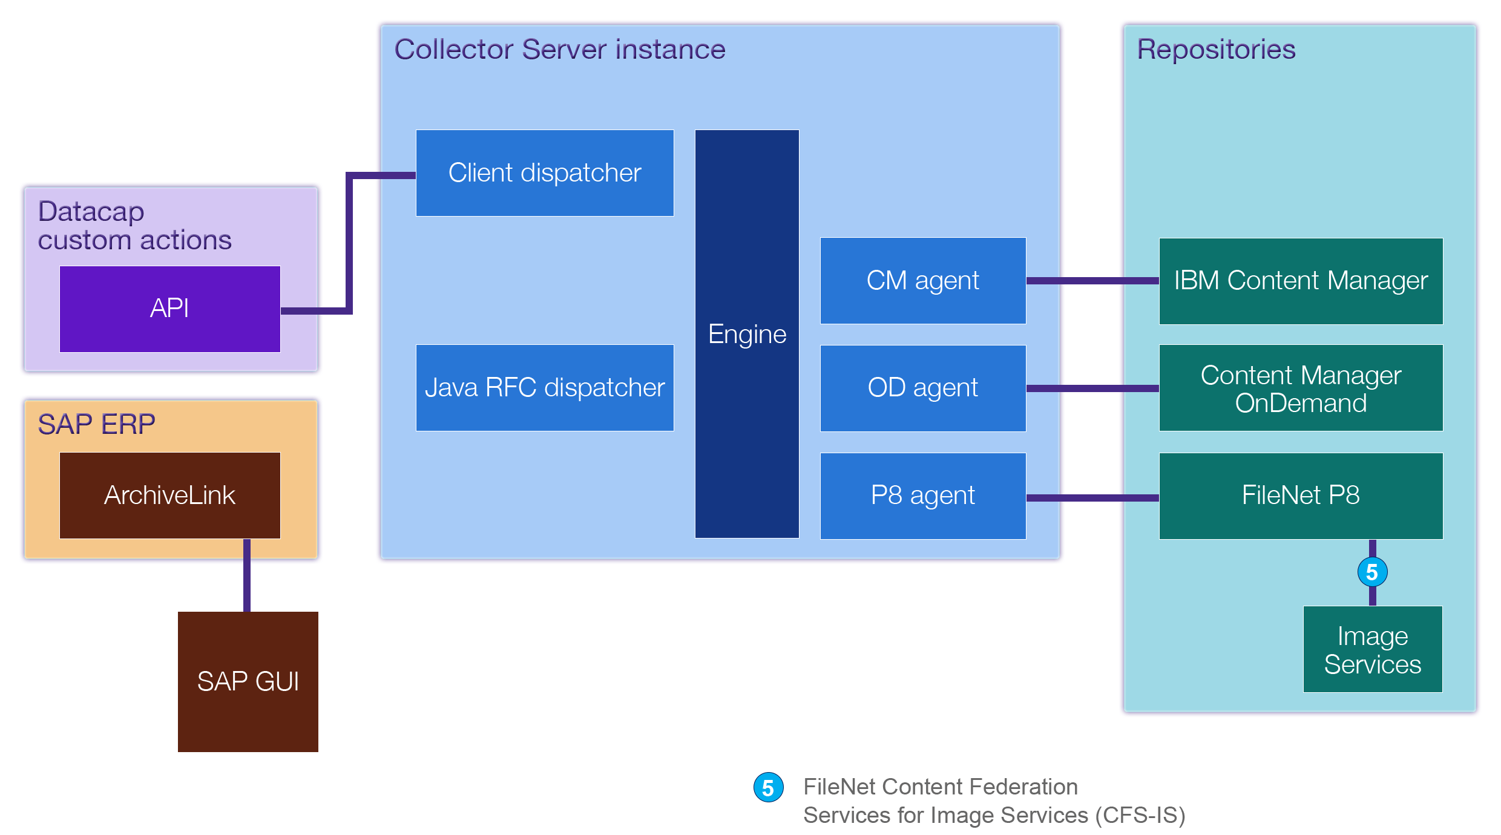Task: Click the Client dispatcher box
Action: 545,173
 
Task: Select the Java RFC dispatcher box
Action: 545,388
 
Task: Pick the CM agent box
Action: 923,281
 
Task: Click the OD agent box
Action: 923,388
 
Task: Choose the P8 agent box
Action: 923,496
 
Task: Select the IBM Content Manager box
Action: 1301,281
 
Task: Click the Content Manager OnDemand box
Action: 1301,388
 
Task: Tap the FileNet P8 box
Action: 1301,496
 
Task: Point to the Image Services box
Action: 1372,649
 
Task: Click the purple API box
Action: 169,309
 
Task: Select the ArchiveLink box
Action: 169,496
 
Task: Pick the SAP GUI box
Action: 248,682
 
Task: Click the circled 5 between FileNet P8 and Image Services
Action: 1372,572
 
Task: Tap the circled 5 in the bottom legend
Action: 768,787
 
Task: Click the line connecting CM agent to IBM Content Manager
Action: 1092,281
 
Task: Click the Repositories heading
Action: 1216,50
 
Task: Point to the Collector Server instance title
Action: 559,50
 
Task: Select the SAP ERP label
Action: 96,424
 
